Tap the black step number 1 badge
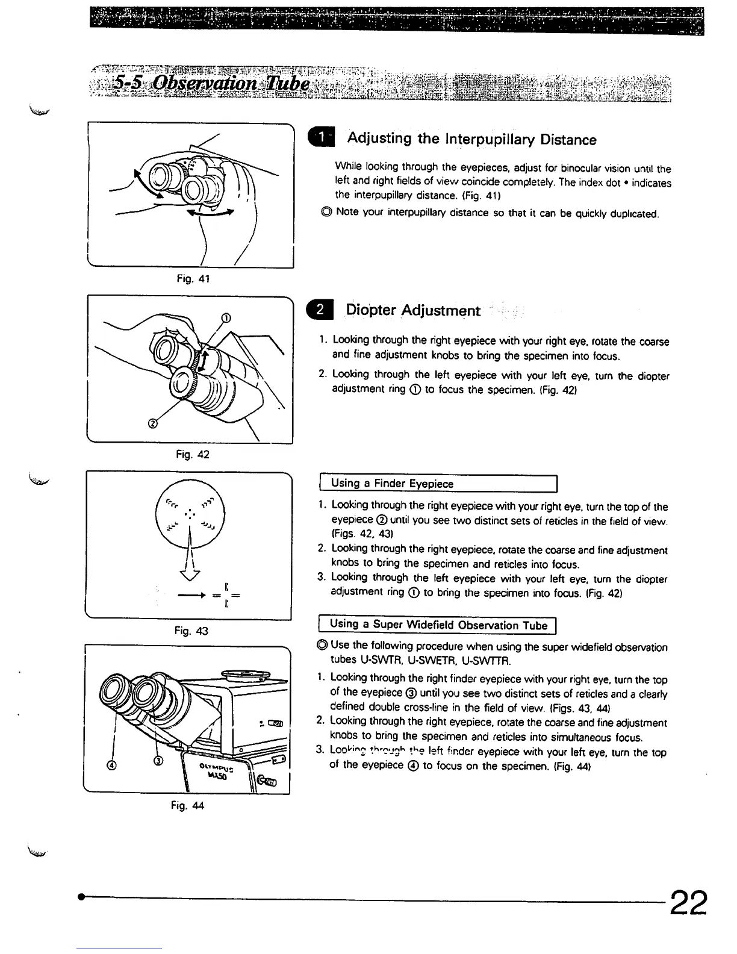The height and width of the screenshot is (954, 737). [323, 139]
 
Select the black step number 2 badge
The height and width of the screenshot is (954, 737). [321, 310]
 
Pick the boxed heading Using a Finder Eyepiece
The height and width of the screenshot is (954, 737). [392, 484]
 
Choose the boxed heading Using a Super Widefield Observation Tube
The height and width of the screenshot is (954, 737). [438, 625]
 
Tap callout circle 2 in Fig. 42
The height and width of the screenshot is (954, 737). [152, 423]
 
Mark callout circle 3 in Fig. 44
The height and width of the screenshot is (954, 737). [158, 761]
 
